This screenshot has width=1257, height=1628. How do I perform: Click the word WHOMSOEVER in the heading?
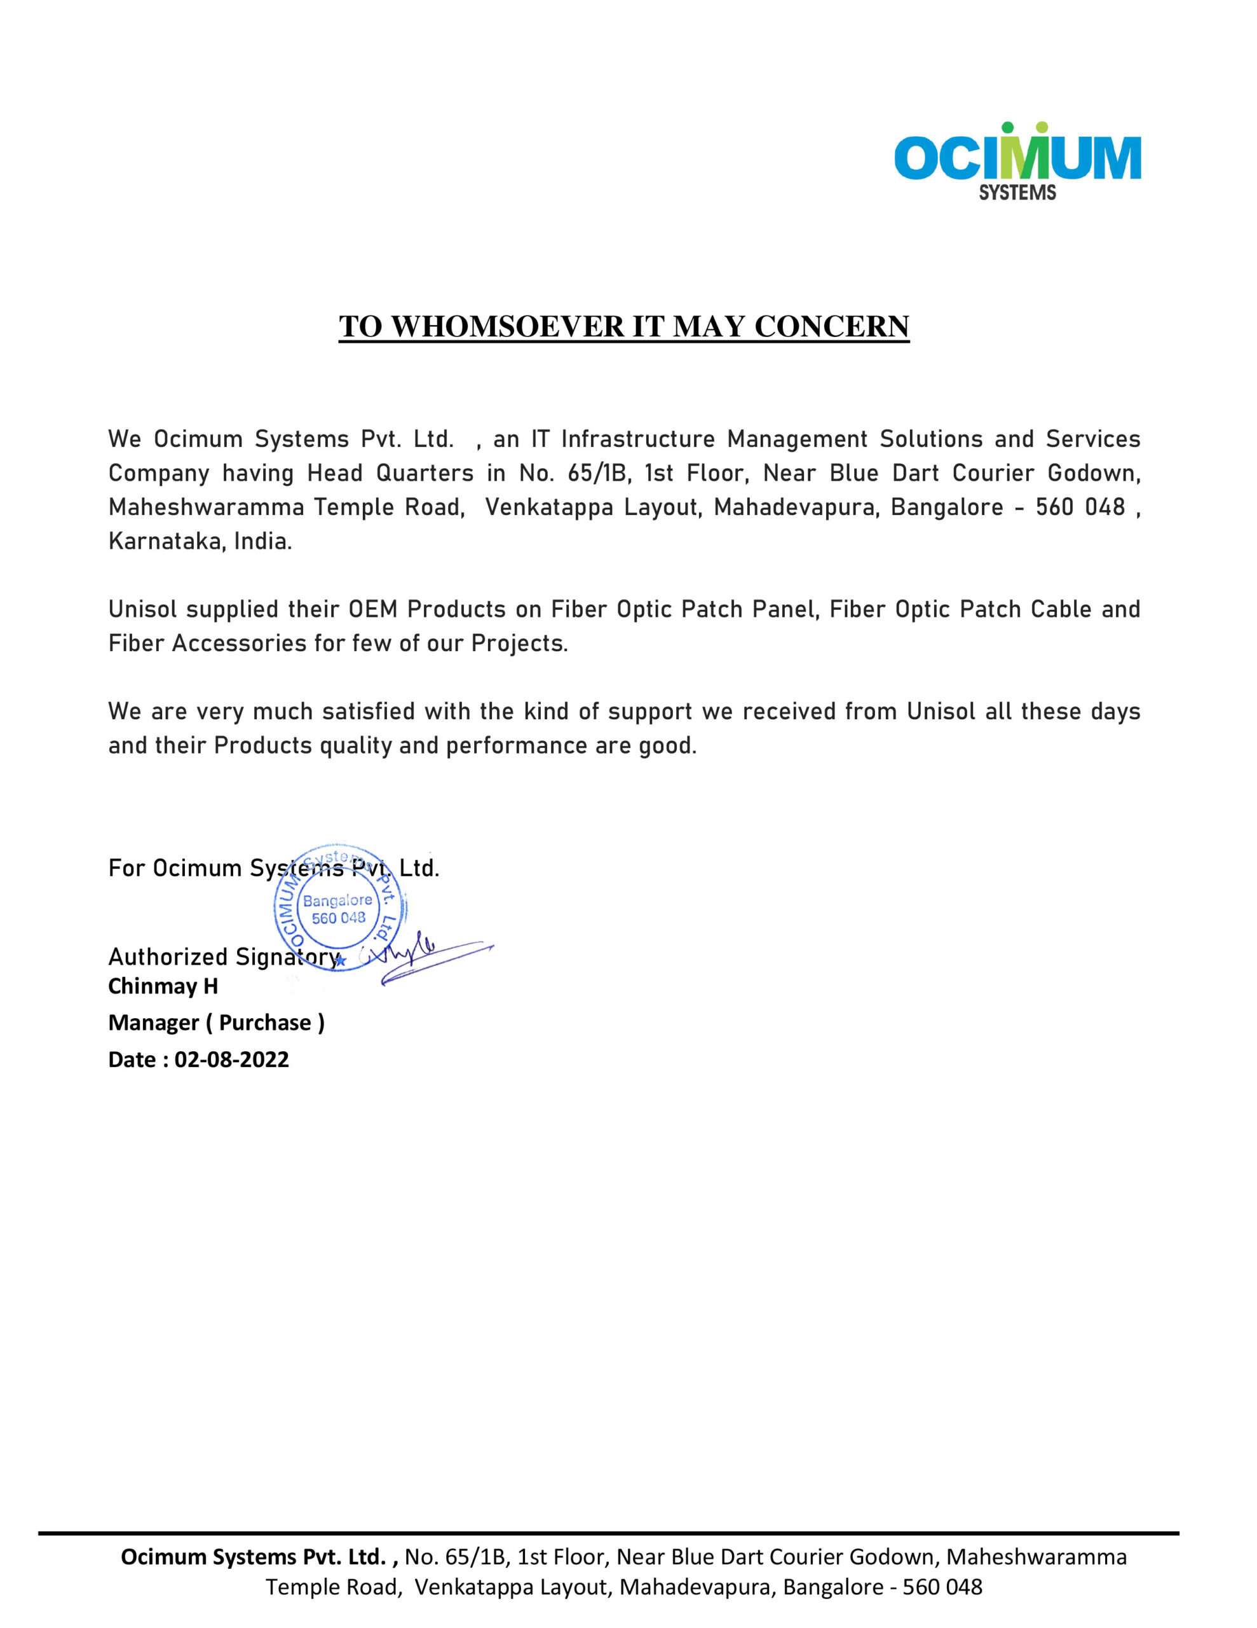coord(506,326)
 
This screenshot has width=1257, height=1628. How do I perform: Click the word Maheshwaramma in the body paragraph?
coord(207,507)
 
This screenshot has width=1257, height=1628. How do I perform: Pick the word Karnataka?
coord(166,542)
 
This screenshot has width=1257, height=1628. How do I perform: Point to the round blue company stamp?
coord(339,907)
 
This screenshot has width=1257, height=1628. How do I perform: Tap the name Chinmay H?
coord(163,986)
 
